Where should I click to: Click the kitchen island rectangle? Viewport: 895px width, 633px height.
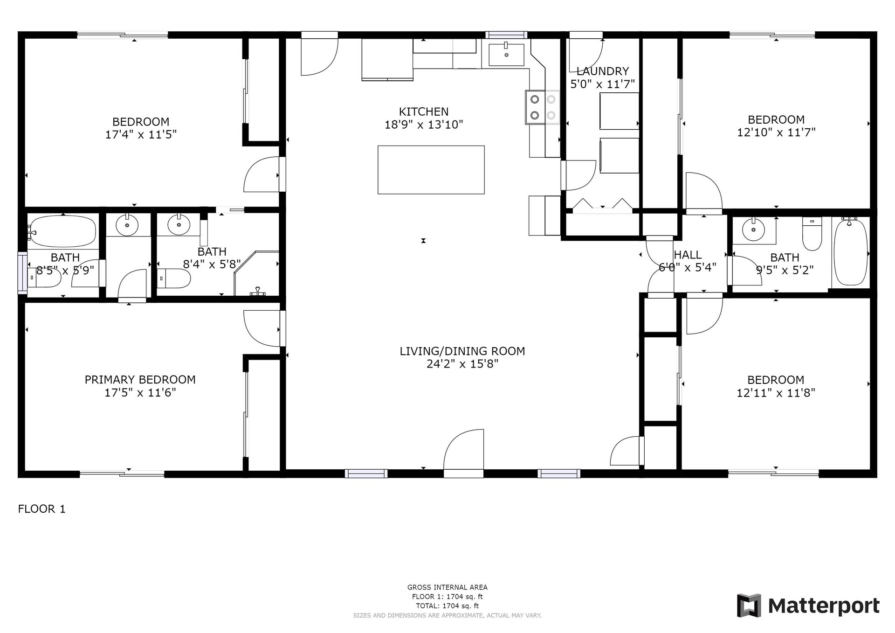coord(431,169)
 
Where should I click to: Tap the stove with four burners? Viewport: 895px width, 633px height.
coord(543,107)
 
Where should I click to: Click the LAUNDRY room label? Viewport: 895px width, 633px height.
coord(602,71)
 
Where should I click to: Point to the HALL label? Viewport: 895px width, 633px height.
coord(688,255)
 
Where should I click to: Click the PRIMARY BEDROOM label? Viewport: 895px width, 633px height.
coord(140,380)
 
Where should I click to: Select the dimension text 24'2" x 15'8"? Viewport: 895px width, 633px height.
coord(462,364)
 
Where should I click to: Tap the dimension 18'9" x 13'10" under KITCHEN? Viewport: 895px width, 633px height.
coord(423,125)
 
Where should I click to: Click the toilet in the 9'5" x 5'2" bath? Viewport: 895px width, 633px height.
coord(812,235)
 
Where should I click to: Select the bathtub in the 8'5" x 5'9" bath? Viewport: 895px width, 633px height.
coord(62,231)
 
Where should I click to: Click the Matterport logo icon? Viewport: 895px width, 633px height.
coord(749,605)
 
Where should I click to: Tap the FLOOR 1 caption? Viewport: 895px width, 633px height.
coord(41,509)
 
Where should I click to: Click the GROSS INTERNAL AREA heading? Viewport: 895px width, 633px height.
coord(447,587)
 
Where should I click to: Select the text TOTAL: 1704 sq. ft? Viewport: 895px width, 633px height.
coord(447,606)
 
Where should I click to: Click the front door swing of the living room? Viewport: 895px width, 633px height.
coord(463,452)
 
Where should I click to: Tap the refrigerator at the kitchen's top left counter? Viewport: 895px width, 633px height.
coord(387,60)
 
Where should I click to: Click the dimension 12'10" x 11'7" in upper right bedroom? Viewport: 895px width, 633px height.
coord(776,132)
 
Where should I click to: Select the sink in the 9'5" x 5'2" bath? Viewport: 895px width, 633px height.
coord(751,230)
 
